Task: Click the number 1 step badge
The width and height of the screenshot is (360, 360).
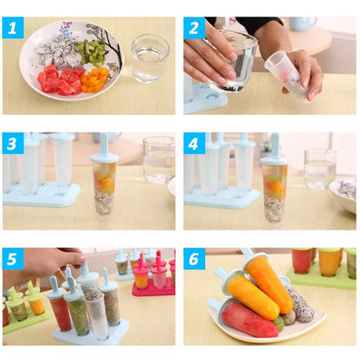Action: click(x=12, y=28)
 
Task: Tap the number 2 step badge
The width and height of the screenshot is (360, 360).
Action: click(x=194, y=28)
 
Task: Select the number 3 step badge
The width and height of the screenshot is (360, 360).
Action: click(x=12, y=143)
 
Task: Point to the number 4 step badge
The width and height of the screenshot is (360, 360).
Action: click(x=194, y=143)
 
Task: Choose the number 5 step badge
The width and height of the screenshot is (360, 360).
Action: click(x=12, y=259)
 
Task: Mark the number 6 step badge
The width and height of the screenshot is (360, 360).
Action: click(x=194, y=259)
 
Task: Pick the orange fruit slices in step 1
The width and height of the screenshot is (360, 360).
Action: click(x=94, y=80)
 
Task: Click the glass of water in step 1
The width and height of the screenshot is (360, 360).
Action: click(x=150, y=58)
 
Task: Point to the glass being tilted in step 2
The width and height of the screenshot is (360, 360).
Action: click(x=234, y=61)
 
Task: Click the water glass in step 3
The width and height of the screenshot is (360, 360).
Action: click(x=159, y=159)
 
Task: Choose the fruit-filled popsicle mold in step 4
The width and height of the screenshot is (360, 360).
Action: click(x=274, y=186)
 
